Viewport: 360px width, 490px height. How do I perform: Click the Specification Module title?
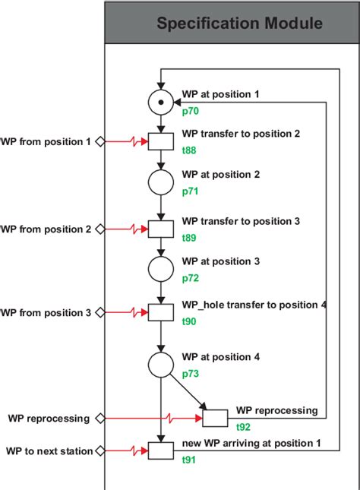coord(239,24)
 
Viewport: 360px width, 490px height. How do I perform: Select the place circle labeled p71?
coord(160,183)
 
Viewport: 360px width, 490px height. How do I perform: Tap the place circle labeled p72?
coord(160,270)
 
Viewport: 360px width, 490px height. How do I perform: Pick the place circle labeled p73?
coord(160,365)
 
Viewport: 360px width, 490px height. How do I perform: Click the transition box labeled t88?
coord(160,141)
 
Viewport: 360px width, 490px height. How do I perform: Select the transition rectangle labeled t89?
coord(160,229)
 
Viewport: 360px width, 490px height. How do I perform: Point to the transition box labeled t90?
coord(160,312)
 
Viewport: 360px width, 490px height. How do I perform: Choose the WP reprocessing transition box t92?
coord(215,418)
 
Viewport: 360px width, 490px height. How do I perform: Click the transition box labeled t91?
coord(160,450)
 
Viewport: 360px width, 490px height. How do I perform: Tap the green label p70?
coord(190,110)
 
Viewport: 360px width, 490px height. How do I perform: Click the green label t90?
coord(189,321)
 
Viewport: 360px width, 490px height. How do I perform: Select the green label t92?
coord(244,426)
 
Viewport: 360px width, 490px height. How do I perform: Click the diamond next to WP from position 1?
coord(99,141)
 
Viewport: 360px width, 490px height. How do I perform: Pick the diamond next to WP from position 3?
coord(99,312)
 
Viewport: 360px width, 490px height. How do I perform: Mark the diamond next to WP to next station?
coord(99,451)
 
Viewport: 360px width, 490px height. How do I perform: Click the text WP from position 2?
coord(46,229)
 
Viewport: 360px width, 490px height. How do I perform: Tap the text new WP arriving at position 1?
coord(251,443)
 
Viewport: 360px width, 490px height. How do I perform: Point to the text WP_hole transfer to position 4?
coord(254,305)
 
